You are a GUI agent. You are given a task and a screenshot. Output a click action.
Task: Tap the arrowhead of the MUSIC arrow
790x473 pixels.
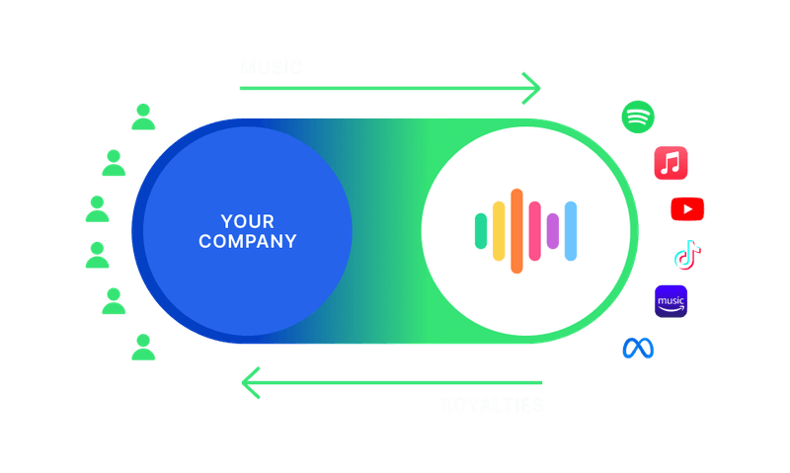tap(533, 88)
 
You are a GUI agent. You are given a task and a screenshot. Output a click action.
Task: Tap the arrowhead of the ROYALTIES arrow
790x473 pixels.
tap(253, 381)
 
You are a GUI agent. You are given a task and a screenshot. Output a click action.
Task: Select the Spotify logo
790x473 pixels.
tap(638, 117)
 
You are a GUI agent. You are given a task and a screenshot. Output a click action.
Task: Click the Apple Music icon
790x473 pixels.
tap(671, 162)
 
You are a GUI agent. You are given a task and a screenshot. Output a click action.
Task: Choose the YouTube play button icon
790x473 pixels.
tap(687, 209)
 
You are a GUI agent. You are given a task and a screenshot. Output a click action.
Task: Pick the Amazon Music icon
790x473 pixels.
tap(671, 301)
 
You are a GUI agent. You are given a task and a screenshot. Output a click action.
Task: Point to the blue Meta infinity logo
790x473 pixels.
tap(638, 348)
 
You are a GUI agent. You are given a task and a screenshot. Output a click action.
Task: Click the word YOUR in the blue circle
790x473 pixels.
tap(247, 220)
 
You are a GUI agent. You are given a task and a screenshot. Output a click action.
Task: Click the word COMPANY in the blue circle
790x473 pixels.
tap(247, 241)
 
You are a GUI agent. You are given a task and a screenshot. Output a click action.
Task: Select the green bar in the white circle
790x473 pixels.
tap(481, 230)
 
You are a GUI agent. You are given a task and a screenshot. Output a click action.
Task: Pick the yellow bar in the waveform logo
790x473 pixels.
tap(499, 230)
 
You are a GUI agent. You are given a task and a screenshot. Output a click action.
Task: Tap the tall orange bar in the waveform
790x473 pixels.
tap(516, 230)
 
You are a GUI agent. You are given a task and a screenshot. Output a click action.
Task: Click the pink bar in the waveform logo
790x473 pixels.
tap(534, 230)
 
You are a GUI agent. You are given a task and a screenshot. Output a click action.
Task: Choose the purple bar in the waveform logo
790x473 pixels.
tap(552, 230)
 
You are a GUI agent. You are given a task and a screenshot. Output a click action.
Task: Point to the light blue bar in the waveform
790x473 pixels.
tap(570, 230)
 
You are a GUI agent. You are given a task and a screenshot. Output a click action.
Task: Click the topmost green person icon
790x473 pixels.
tap(144, 117)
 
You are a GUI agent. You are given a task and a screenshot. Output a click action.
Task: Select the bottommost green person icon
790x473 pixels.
tap(144, 347)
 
